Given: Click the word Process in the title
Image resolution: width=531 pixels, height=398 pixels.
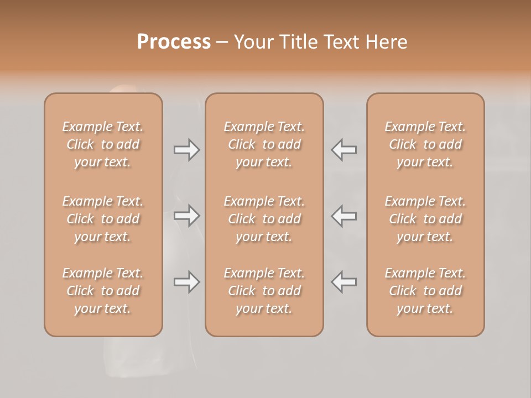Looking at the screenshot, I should (174, 42).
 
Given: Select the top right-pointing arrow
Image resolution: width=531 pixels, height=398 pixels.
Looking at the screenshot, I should (187, 149).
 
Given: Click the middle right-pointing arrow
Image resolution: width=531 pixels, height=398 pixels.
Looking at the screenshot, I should (187, 216).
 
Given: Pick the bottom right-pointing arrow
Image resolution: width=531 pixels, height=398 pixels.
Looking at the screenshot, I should (187, 282).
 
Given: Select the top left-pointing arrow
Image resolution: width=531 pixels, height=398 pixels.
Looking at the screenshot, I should (344, 149).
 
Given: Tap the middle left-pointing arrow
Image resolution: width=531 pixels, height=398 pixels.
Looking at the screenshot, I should (344, 216).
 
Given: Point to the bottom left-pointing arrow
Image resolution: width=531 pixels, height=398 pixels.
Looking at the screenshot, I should (344, 282).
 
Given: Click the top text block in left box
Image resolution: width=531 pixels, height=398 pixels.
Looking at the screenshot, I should (103, 144).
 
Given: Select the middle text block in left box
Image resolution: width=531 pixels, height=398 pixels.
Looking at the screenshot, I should (103, 219).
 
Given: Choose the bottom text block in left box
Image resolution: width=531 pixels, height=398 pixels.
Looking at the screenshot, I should (103, 291).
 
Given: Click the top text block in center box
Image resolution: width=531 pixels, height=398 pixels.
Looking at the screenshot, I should (264, 144).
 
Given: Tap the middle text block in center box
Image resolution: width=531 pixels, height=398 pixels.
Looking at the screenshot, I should (264, 219).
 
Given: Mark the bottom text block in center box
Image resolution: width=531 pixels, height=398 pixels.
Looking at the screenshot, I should (264, 291).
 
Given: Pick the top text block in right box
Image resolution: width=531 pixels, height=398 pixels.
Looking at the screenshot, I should (425, 144).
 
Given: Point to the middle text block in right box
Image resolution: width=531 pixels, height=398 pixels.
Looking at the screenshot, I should (425, 219).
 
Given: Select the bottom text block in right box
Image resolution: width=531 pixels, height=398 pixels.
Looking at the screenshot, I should (425, 291).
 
